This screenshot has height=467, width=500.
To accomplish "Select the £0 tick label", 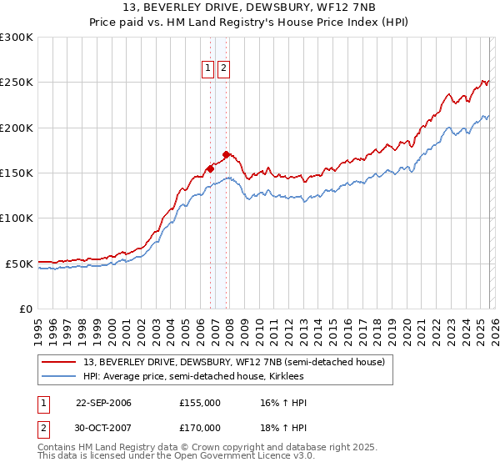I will tap(25, 309).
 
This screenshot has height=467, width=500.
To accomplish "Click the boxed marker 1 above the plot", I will tap(209, 69).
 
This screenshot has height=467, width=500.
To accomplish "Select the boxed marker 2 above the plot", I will tap(224, 69).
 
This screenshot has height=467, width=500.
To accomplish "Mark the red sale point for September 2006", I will tap(210, 168).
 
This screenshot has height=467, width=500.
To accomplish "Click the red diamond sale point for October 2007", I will tap(226, 154).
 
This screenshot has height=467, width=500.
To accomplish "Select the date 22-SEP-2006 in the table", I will tap(103, 403).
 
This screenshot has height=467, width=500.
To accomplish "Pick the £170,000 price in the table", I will tap(200, 427).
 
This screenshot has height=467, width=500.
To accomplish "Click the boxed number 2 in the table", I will tap(43, 427).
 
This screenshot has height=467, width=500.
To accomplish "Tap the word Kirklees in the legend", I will tap(286, 377).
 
